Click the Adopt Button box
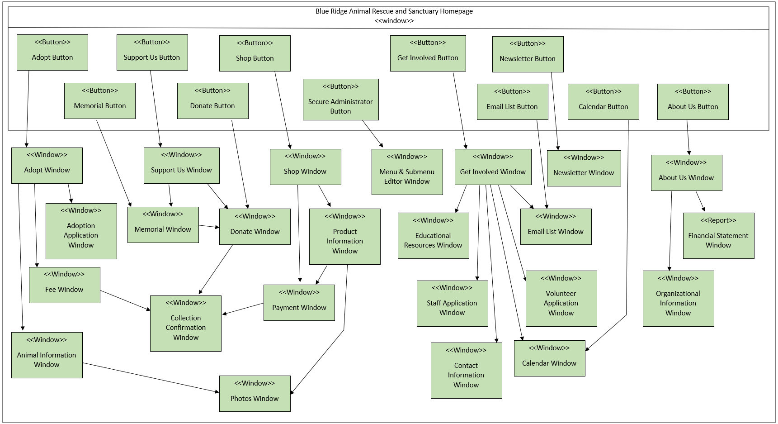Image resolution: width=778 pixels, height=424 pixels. tap(52, 52)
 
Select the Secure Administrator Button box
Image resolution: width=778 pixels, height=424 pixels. tap(340, 100)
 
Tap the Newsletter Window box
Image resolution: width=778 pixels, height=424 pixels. tap(584, 168)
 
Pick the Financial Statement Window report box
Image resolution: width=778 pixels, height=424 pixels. tap(718, 236)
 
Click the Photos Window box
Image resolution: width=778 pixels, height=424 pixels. tap(255, 394)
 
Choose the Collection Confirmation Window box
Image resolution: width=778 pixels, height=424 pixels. tap(185, 324)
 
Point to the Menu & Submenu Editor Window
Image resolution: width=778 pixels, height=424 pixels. tap(407, 172)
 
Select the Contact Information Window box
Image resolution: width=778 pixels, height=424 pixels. tap(466, 371)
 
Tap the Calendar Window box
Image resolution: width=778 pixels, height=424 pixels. tap(549, 358)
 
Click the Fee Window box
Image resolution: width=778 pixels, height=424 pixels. tap(64, 285)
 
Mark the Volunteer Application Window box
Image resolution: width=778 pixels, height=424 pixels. tap(561, 299)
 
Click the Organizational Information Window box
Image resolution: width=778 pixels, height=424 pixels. tap(678, 299)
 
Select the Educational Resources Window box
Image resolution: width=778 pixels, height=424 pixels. tap(433, 236)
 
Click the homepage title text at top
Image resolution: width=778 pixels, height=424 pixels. tap(394, 11)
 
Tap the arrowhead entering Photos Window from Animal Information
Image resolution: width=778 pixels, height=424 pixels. tap(217, 391)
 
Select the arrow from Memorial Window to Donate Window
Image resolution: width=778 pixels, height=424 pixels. tap(209, 226)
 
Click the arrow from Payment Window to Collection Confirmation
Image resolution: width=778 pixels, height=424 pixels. tap(243, 309)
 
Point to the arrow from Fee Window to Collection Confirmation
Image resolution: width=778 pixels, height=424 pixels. tap(125, 300)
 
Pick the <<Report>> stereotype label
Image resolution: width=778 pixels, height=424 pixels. tap(718, 220)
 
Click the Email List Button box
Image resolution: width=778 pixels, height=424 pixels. tap(512, 102)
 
